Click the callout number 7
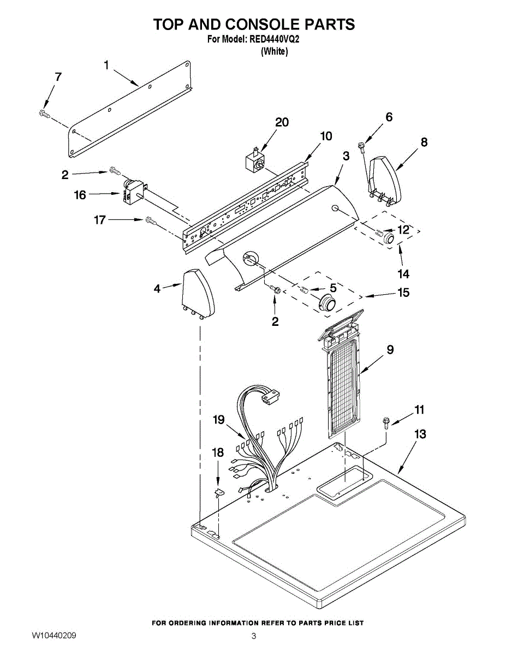(x=58, y=77)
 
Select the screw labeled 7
(x=44, y=114)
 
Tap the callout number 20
(x=282, y=122)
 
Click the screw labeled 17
(x=151, y=221)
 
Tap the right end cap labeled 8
(x=386, y=177)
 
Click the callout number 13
(x=420, y=434)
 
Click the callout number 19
(x=219, y=420)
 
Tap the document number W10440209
(x=53, y=635)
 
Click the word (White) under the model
(x=274, y=51)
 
